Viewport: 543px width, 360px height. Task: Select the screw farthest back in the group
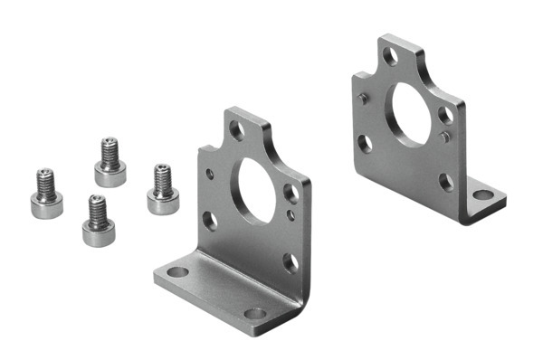click(110, 162)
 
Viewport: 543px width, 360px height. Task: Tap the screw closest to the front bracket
click(162, 188)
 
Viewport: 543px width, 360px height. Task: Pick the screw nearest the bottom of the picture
click(97, 222)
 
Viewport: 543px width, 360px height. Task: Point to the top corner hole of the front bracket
click(236, 129)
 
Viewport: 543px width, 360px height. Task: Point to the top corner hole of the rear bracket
click(389, 56)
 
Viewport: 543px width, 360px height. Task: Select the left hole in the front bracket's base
click(178, 271)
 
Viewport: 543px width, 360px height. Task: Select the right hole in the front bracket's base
click(255, 314)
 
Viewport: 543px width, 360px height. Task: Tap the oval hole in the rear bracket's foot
click(483, 194)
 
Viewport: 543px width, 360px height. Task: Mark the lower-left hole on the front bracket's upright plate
click(210, 220)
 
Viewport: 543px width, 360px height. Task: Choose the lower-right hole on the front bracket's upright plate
click(290, 262)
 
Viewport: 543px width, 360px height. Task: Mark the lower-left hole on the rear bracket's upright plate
click(365, 143)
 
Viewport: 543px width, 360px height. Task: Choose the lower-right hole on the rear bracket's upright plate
click(446, 182)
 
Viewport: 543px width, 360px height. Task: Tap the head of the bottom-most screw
click(97, 233)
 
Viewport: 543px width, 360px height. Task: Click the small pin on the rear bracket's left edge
click(362, 98)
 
